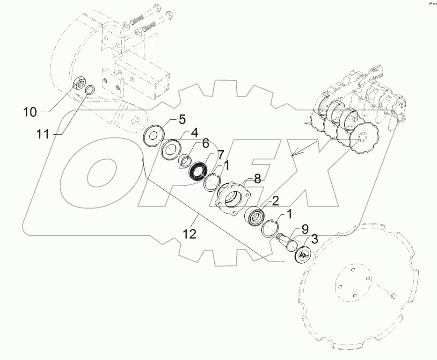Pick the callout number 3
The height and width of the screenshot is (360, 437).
tap(315, 240)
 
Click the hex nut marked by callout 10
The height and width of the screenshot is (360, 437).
tap(80, 86)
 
